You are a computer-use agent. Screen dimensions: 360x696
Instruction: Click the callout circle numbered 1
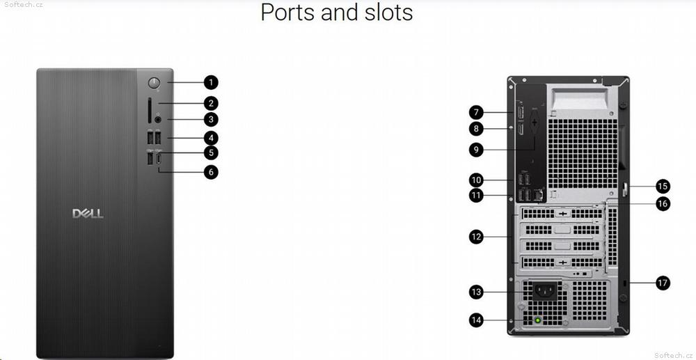211,83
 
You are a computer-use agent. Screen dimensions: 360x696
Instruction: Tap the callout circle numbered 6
211,171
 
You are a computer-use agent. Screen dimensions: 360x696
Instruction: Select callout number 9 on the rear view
476,148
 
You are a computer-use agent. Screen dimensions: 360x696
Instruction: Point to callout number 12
476,237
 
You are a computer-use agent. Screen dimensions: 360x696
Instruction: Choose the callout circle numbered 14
476,320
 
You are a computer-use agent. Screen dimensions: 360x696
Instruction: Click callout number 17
663,283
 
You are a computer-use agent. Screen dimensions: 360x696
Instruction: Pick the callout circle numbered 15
663,186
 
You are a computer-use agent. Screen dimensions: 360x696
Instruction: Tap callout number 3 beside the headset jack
211,120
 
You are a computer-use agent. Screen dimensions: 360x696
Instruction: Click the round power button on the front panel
155,84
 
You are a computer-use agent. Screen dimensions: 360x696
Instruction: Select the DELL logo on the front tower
88,213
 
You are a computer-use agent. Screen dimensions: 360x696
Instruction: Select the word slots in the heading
386,12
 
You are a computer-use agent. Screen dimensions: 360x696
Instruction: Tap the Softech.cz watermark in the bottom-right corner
673,355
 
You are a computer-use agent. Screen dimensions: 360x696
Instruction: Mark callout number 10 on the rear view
476,180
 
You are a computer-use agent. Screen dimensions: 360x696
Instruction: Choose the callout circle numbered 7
476,112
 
